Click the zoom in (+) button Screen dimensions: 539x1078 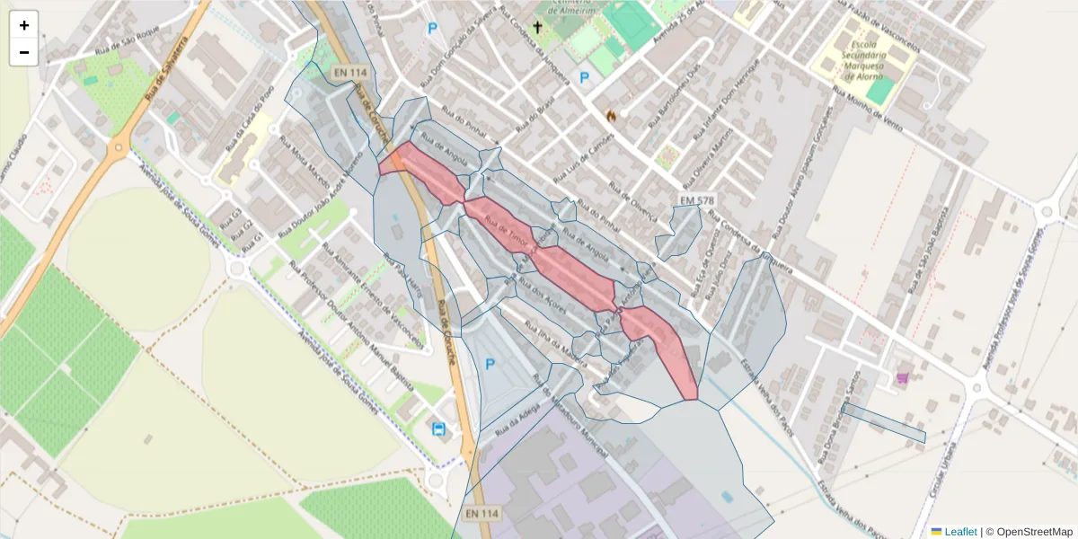[24, 25]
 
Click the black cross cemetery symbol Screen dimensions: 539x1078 [537, 27]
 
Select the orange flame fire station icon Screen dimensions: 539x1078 [611, 115]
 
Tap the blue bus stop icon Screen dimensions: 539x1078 [439, 429]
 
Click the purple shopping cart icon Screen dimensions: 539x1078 [902, 377]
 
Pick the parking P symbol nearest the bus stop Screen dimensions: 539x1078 [490, 364]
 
